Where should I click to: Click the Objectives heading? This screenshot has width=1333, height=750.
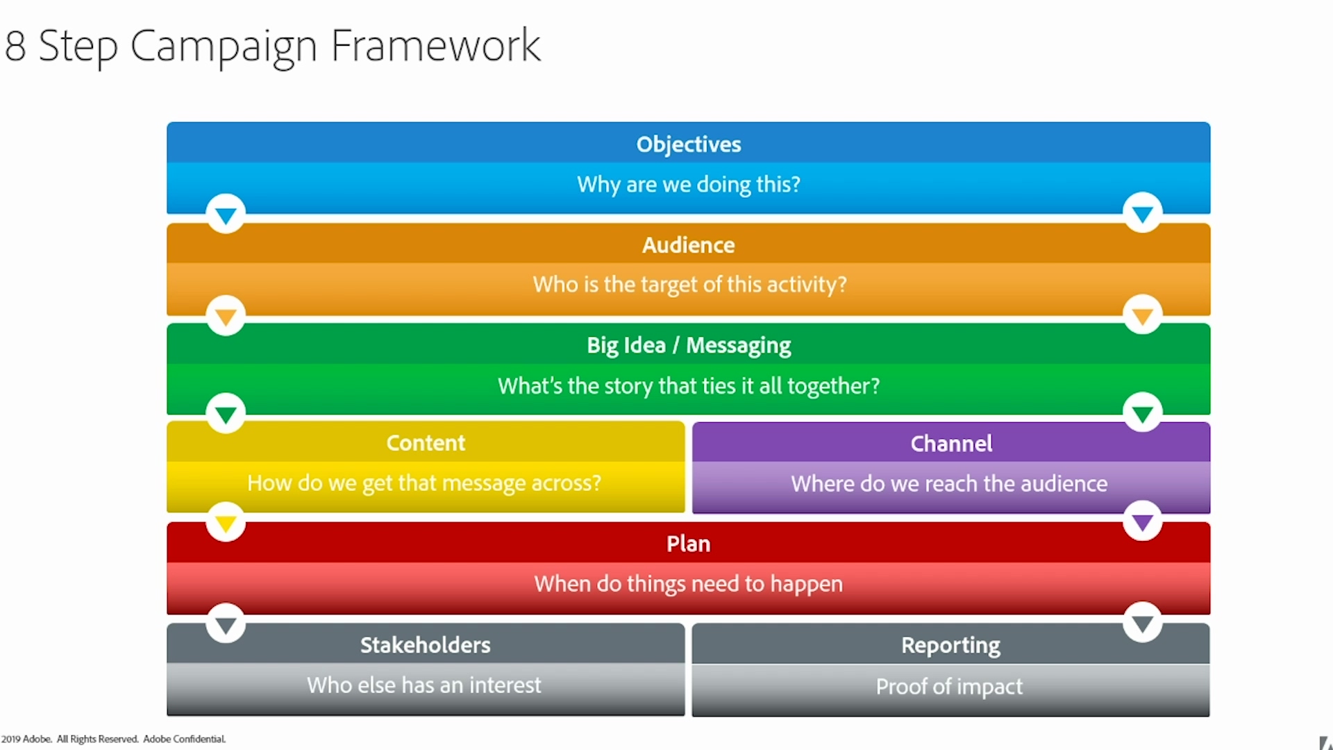click(x=689, y=144)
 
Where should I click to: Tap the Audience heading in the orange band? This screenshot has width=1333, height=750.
click(x=689, y=245)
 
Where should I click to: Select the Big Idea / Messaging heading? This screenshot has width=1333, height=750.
click(x=689, y=346)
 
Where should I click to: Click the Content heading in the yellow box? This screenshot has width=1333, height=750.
click(x=426, y=443)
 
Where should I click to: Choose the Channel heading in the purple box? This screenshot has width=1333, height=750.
click(x=951, y=444)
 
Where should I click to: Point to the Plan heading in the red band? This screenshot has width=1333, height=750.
click(x=689, y=544)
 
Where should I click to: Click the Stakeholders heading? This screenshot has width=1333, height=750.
click(x=426, y=645)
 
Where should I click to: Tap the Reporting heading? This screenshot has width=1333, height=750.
click(x=951, y=646)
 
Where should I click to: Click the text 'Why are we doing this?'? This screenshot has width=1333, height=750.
click(x=689, y=185)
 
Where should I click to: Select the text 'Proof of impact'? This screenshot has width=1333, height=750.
click(x=950, y=687)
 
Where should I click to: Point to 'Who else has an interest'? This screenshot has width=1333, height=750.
click(x=424, y=685)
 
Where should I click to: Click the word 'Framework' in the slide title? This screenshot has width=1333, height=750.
click(x=436, y=46)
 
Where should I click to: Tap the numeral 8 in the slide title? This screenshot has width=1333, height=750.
click(x=15, y=47)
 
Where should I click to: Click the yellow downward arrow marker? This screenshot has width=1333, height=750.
click(x=226, y=523)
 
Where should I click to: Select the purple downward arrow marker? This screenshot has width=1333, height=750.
click(x=1143, y=522)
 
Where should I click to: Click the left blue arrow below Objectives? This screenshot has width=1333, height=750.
click(x=226, y=215)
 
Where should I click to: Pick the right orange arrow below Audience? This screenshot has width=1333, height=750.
click(x=1143, y=317)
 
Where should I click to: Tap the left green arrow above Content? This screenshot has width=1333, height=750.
click(x=226, y=415)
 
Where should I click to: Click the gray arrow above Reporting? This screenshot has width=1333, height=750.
click(x=1143, y=623)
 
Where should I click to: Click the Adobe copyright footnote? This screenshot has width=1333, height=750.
click(x=113, y=739)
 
